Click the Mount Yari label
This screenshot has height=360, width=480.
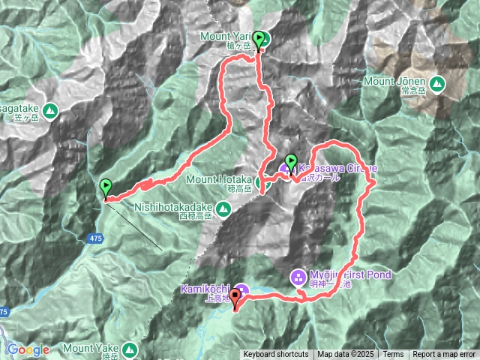click(226, 35)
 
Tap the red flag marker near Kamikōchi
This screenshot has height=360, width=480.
click(235, 298)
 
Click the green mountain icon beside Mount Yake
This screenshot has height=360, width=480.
click(130, 349)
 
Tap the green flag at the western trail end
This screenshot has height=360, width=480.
click(106, 187)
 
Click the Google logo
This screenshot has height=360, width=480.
click(28, 349)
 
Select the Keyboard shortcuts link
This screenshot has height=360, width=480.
click(275, 355)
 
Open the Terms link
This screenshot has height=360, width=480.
click(393, 355)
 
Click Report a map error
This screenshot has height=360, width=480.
click(444, 355)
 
